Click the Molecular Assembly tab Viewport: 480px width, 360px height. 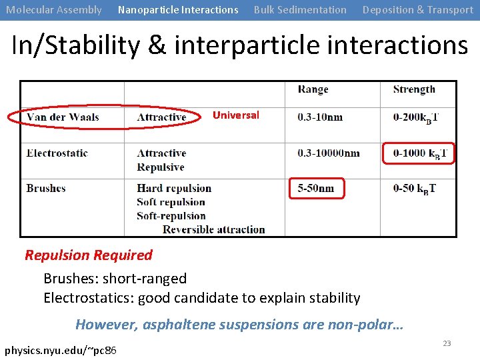(x=54, y=10)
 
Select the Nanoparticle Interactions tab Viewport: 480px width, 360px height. (x=178, y=10)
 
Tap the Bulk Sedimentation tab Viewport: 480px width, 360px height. (x=300, y=10)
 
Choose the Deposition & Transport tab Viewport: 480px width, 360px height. (x=417, y=10)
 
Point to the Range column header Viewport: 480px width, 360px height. (x=313, y=89)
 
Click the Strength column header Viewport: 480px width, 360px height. (x=414, y=89)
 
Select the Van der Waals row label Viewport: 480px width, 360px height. (x=63, y=117)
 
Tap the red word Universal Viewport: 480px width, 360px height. (x=236, y=115)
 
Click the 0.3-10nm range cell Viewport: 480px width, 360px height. (x=320, y=117)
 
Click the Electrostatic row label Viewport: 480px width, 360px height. (x=57, y=153)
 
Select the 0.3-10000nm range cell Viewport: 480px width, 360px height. (x=329, y=153)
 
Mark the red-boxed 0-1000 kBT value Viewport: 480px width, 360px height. (x=419, y=153)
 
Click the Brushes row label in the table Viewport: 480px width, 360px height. (x=46, y=189)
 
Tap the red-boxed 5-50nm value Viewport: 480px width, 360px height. (x=317, y=189)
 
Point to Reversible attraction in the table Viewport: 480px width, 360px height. (x=214, y=229)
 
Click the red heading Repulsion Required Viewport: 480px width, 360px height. (x=89, y=255)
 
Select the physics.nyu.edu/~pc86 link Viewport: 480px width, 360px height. (x=61, y=350)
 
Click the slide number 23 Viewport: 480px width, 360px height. (x=447, y=343)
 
